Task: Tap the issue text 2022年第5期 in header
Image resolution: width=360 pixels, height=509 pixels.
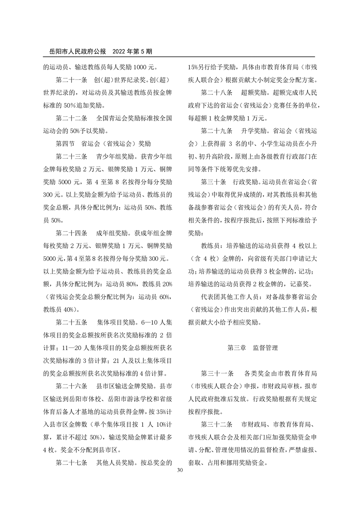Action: click(132, 52)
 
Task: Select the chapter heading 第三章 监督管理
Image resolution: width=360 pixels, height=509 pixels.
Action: click(253, 348)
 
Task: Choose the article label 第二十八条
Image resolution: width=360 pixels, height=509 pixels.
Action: click(217, 93)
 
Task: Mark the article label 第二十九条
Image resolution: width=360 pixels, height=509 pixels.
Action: click(217, 131)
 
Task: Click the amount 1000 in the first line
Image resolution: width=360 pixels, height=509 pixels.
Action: click(142, 67)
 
